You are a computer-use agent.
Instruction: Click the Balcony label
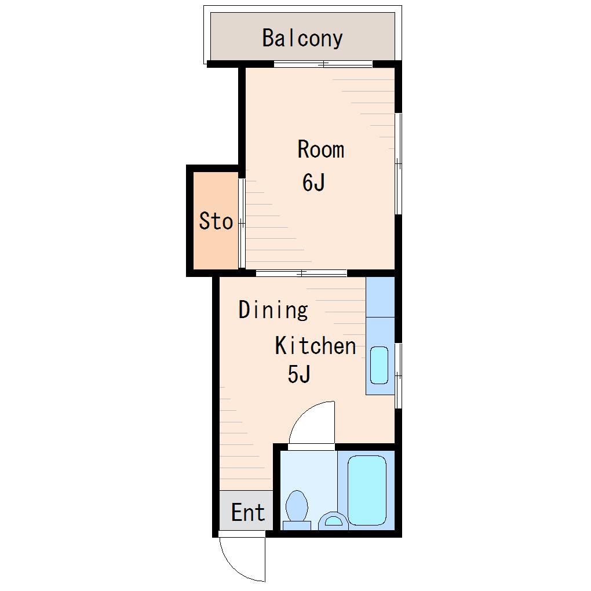tap(302, 38)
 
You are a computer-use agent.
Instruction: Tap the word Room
tap(321, 149)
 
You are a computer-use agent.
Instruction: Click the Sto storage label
tap(216, 221)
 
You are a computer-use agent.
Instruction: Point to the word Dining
tap(273, 310)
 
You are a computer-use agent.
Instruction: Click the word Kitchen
tap(315, 345)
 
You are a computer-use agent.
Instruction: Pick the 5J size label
tap(299, 374)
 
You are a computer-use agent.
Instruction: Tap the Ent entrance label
tap(248, 512)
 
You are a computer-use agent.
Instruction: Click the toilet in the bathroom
tap(297, 510)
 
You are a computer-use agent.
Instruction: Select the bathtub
tap(367, 490)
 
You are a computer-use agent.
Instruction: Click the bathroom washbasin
tap(333, 521)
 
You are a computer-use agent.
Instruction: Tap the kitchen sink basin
tap(379, 365)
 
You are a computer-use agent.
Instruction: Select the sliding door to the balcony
tap(323, 64)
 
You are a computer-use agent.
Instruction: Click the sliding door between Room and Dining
tap(301, 273)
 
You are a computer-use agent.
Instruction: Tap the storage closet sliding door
tap(242, 224)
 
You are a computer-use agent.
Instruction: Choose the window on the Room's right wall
tap(399, 163)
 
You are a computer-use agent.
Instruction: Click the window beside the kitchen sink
tap(399, 376)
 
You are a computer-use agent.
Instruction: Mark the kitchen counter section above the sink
tap(380, 297)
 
